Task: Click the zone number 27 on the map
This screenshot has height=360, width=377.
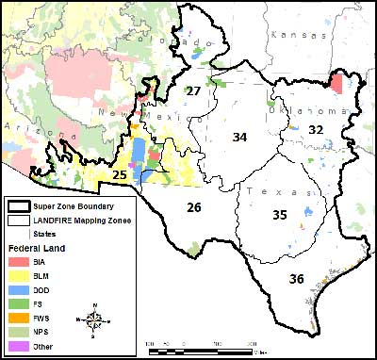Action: point(192,90)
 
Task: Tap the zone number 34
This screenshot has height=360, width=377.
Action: point(239,138)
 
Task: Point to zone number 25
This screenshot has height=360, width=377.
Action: point(120,174)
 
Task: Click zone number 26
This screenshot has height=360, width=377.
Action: point(193,206)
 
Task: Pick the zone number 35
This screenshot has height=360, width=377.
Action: point(279,215)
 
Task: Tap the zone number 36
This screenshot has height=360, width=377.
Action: point(296,278)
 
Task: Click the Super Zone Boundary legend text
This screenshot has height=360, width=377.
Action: point(74,205)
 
